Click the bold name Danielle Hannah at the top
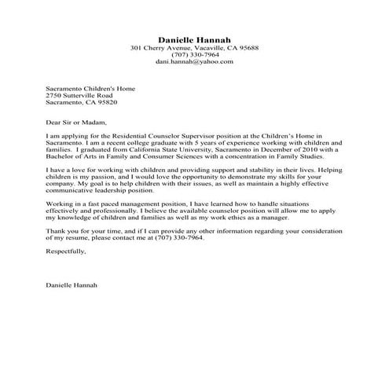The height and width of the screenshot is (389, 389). [194, 39]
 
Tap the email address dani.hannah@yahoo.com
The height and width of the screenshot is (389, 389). [194, 61]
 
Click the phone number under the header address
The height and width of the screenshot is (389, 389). [194, 54]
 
